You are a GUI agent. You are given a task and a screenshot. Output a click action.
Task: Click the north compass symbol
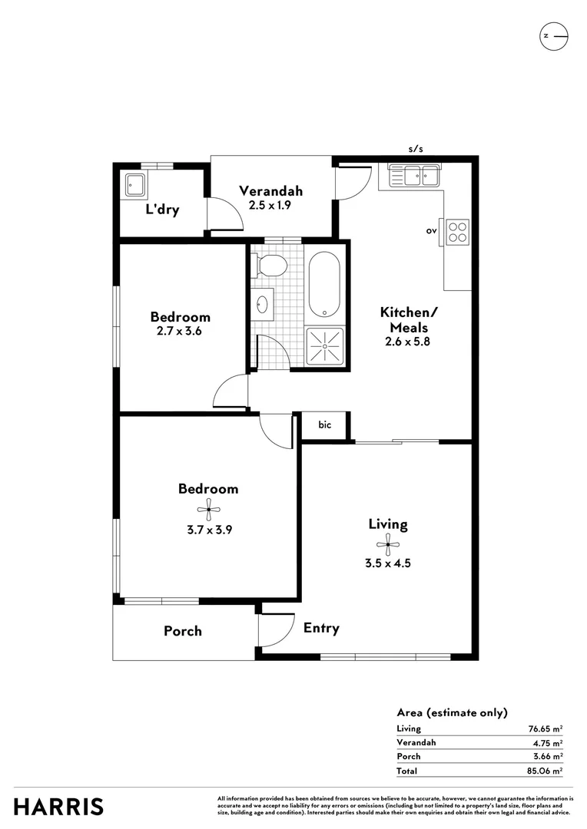coord(553,36)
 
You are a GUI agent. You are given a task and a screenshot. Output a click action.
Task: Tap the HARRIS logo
coord(58,807)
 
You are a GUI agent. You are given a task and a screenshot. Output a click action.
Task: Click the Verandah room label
coord(270,191)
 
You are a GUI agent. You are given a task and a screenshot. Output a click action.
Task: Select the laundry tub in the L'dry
coord(137,184)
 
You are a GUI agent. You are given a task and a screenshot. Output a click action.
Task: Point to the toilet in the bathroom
coord(271,266)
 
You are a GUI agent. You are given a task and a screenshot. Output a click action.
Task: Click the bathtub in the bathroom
coord(326,284)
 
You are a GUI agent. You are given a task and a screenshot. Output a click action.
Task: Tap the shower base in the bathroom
coord(325,346)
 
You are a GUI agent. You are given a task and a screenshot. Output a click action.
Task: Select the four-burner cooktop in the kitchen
coord(458,232)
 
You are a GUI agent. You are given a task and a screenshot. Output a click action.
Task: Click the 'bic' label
coord(324,424)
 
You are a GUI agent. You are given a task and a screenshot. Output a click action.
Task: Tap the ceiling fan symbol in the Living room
coord(388,545)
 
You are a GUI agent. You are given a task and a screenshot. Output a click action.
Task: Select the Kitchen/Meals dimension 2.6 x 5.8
coord(407,342)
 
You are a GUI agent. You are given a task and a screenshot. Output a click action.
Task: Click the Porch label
coord(183,631)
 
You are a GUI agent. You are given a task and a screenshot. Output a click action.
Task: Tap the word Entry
coord(321,628)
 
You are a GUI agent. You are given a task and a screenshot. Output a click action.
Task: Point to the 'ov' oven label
coord(431,230)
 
